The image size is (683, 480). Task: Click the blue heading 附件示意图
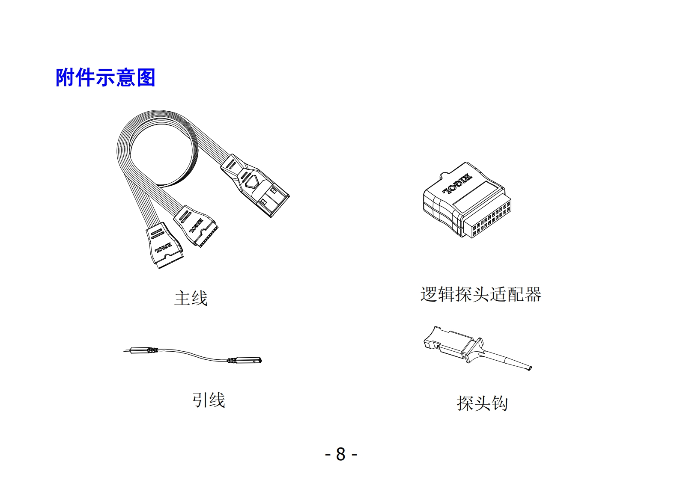(105, 78)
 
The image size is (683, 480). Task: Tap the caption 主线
(191, 298)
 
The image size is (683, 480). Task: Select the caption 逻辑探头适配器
(480, 294)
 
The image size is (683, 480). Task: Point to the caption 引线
(209, 400)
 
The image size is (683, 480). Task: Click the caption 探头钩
(482, 403)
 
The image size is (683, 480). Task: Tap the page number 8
(341, 454)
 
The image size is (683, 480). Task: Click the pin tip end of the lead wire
(127, 351)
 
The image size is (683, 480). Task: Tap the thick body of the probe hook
(452, 345)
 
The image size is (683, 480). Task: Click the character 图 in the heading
(146, 78)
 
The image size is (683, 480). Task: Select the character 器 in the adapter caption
(533, 294)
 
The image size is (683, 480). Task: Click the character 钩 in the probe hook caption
(500, 403)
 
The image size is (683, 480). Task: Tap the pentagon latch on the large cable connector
(251, 181)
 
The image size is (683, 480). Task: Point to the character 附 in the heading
(65, 78)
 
